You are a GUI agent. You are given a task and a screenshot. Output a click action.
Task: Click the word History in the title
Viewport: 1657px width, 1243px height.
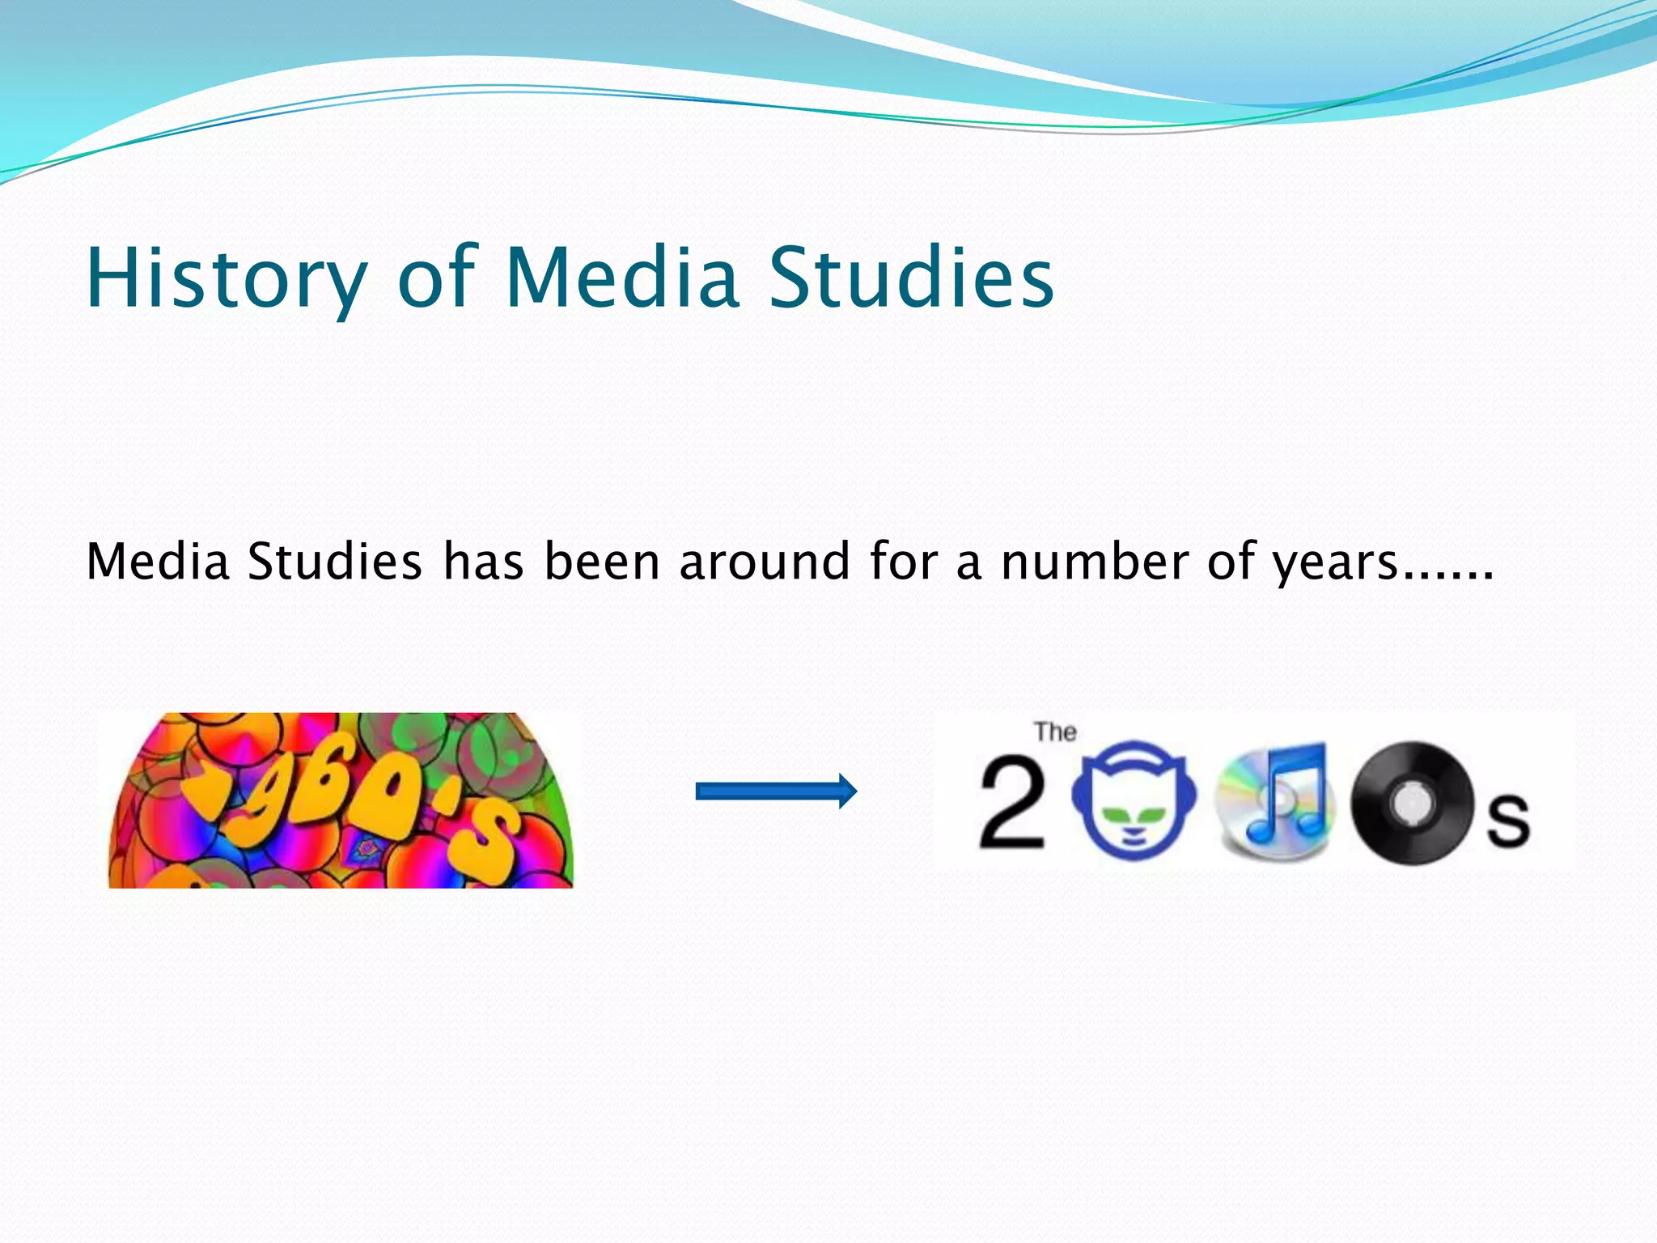(227, 278)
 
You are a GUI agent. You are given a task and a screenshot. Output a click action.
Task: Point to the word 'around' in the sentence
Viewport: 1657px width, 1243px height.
(765, 562)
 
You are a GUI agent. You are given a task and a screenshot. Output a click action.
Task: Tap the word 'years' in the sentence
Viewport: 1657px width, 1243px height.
(1336, 563)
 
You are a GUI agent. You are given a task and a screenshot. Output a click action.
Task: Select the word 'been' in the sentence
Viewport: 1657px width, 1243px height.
(602, 562)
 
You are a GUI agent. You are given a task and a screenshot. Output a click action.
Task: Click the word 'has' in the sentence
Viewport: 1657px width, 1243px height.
(483, 562)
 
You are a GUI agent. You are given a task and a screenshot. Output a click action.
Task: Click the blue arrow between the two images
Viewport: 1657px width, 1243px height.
(776, 791)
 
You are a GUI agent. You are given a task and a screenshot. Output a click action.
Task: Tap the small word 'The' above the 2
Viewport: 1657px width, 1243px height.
(1055, 732)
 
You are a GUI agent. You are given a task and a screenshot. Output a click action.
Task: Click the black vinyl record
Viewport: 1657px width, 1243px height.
(1411, 802)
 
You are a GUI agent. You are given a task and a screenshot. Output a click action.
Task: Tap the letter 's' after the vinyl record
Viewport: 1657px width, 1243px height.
(1508, 820)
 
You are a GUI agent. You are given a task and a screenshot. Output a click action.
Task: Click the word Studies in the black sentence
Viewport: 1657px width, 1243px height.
(334, 562)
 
